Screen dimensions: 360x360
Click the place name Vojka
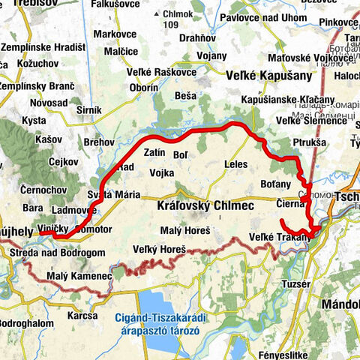tap(161, 172)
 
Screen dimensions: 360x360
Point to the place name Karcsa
tap(82, 316)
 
